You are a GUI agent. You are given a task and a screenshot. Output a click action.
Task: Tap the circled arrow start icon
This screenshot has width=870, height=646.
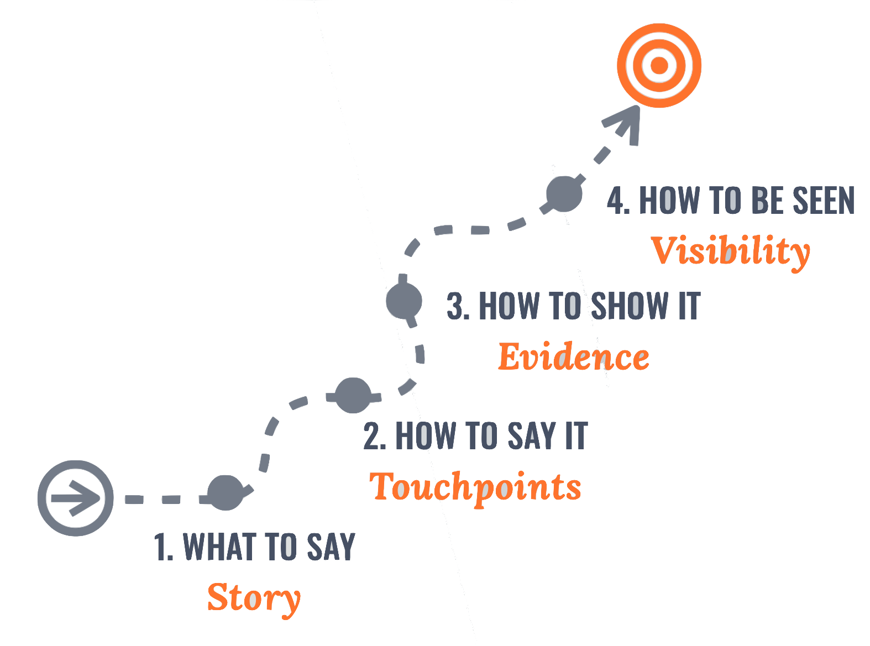[76, 498]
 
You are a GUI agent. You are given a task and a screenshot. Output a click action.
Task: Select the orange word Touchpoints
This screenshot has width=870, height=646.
[475, 487]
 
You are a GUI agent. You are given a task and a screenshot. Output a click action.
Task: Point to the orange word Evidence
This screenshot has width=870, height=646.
[573, 357]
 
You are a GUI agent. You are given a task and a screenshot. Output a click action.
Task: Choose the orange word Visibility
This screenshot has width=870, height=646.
[730, 251]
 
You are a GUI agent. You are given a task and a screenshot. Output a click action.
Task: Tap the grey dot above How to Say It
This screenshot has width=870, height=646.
[353, 396]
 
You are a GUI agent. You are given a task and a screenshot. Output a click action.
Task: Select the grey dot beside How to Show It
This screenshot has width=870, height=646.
[404, 301]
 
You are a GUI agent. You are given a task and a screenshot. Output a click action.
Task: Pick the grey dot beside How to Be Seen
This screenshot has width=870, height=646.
[564, 193]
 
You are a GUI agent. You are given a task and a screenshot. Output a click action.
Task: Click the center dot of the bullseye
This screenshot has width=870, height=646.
[659, 66]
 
